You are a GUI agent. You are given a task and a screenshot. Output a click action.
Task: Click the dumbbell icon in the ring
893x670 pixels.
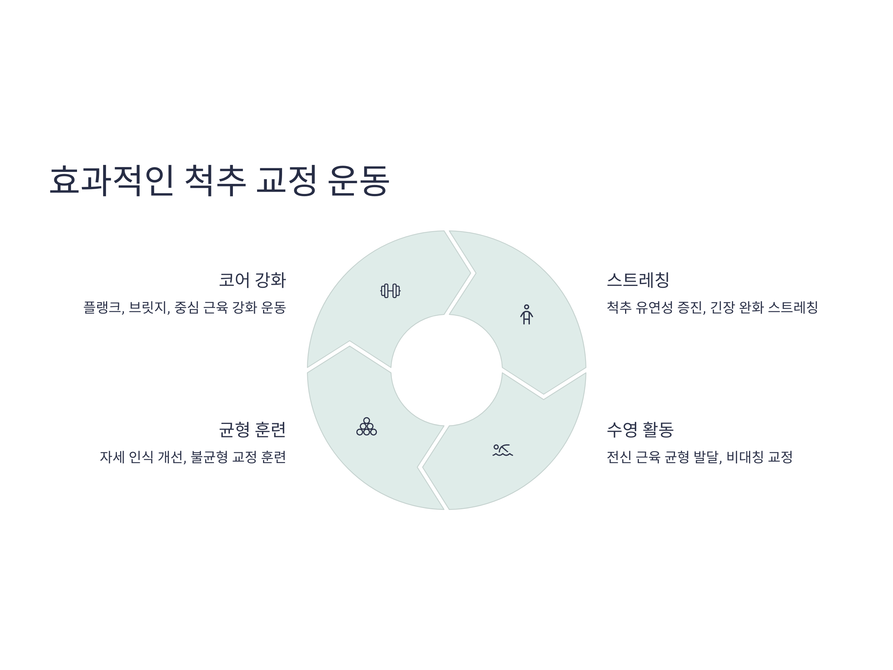click(x=390, y=291)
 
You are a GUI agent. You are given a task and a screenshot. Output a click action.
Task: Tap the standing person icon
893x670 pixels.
click(x=526, y=315)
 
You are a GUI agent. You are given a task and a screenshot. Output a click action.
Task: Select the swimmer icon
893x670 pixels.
click(x=503, y=450)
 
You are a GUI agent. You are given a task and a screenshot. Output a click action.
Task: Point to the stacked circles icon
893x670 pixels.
click(x=367, y=427)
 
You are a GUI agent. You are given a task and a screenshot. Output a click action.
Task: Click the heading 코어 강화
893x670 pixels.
click(x=252, y=280)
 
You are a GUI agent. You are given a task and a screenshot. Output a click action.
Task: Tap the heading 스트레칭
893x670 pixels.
click(x=638, y=280)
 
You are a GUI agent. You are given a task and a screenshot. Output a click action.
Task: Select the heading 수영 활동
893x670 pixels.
click(x=640, y=429)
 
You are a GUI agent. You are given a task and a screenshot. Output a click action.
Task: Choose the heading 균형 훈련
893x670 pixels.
click(x=252, y=429)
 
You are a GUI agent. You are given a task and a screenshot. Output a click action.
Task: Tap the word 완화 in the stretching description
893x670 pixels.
click(x=751, y=308)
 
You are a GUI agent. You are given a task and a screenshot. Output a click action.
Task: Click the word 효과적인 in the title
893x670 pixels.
click(x=111, y=180)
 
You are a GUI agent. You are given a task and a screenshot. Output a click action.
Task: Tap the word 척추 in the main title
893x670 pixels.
click(x=215, y=180)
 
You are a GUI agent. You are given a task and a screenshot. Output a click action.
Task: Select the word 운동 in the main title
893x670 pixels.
click(x=358, y=180)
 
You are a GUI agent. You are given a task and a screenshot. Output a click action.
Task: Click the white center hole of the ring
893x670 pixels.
click(x=446, y=370)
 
